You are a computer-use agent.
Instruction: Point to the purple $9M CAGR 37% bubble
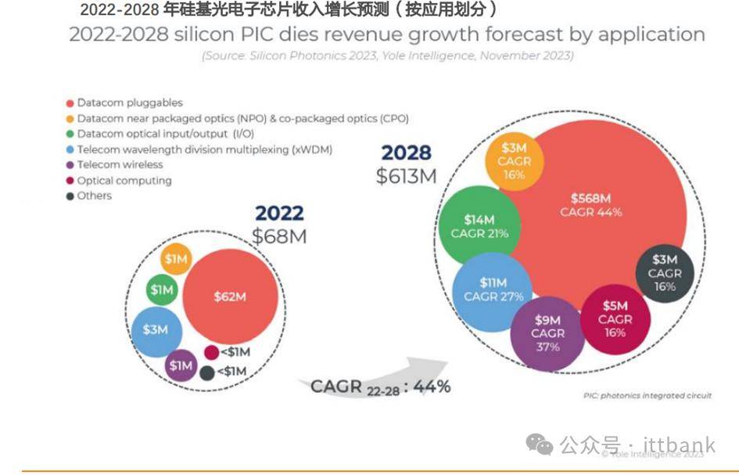pos(547,333)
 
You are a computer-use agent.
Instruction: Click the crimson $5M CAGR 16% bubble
pos(615,318)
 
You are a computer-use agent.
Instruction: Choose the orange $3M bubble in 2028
pos(513,161)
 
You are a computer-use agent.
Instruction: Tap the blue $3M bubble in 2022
pos(156,329)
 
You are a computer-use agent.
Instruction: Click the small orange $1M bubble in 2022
pos(177,259)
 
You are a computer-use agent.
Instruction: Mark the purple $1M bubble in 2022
pos(181,365)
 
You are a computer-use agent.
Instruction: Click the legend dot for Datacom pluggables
pos(70,103)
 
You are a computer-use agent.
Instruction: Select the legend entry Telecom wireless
pos(120,164)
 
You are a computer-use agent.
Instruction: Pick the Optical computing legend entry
pos(124,180)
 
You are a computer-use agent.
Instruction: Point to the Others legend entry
pos(94,196)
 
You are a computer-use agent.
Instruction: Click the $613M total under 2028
pos(406,176)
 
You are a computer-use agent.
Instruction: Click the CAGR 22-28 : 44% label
pos(380,386)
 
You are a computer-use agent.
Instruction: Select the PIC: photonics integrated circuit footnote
pos(647,396)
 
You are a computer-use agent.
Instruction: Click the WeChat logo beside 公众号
pos(539,445)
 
